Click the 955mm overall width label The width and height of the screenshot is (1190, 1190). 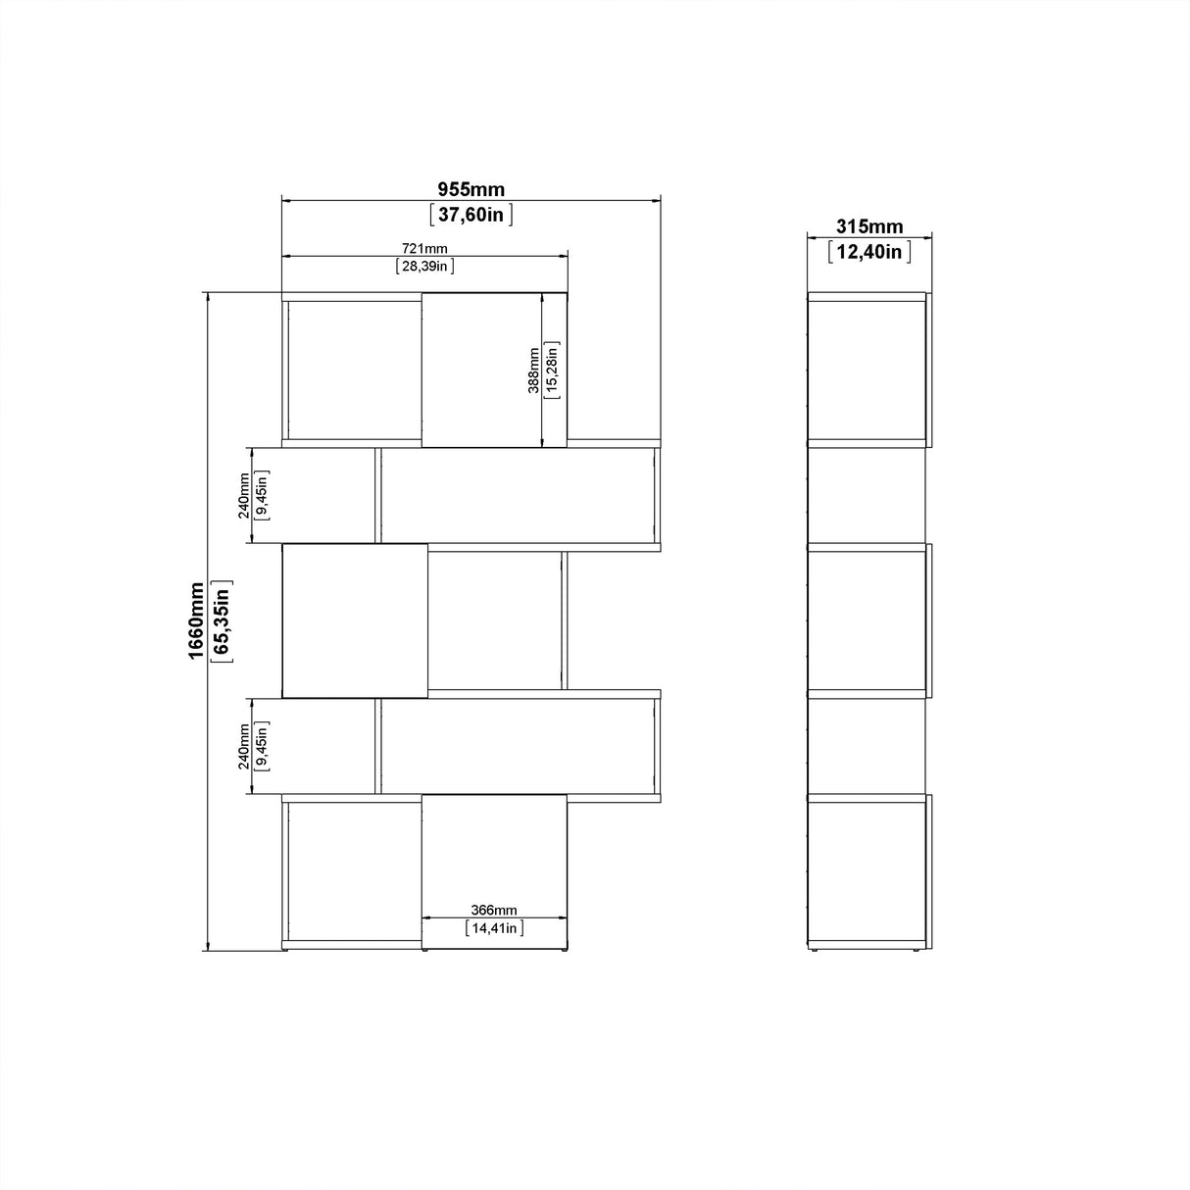[x=471, y=189]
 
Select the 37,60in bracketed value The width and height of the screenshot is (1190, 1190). [x=471, y=214]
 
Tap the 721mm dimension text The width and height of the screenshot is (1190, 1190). [x=424, y=248]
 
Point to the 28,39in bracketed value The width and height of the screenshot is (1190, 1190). [x=424, y=266]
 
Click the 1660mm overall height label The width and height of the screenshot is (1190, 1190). [x=198, y=621]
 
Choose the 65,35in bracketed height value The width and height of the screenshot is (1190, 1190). [x=223, y=621]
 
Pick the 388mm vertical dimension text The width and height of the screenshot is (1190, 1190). [x=533, y=371]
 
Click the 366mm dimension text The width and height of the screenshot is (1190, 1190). [x=494, y=910]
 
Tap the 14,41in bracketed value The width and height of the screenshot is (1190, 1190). [x=494, y=927]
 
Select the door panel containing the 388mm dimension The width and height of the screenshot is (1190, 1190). [x=481, y=370]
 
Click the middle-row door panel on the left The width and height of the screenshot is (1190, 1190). [x=355, y=620]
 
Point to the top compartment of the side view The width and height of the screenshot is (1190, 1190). [x=867, y=370]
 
